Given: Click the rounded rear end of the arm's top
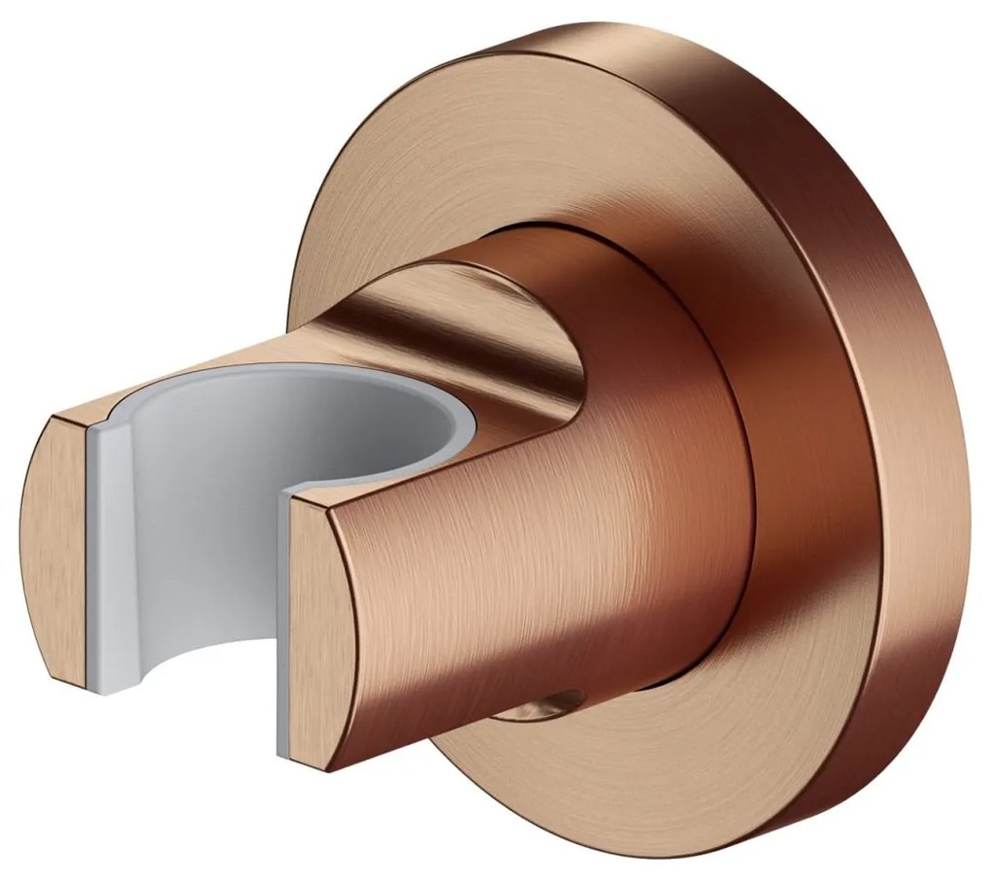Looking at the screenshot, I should click(544, 291).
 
